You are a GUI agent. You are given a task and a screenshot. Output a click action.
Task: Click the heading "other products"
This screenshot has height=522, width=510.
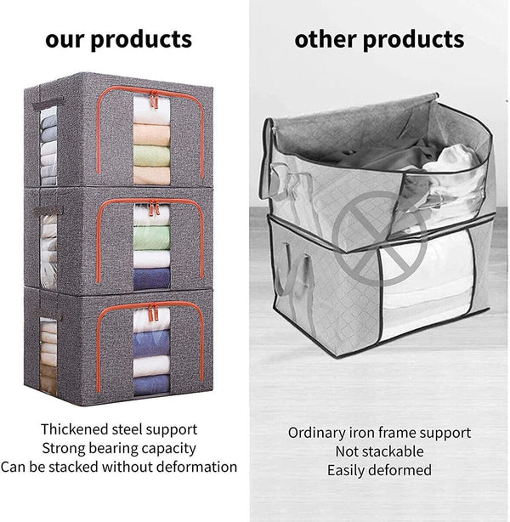point(379,39)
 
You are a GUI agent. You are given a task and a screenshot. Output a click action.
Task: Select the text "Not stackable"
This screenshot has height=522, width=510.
point(378,451)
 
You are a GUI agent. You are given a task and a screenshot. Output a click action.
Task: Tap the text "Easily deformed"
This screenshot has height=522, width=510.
point(378,469)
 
